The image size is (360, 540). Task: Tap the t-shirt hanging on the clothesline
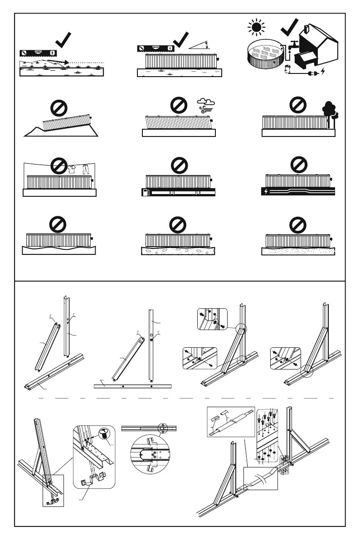pos(71,169)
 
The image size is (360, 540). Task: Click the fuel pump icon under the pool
pos(146,193)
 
